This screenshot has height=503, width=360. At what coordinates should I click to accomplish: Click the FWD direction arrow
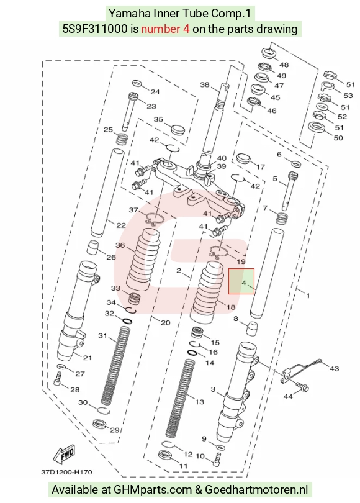65,453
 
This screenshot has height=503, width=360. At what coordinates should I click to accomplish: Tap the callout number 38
205,84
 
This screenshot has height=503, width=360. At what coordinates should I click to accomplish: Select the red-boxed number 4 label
245,283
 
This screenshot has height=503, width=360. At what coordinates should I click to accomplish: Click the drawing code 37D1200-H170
66,472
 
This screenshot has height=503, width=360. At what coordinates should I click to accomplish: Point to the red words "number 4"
165,29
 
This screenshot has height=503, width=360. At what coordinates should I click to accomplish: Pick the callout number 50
338,138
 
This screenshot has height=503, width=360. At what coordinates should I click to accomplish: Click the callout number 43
334,369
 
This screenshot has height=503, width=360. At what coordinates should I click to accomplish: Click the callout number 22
121,225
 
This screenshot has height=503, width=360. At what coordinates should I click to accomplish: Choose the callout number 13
199,402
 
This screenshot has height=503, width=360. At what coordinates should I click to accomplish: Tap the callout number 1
308,296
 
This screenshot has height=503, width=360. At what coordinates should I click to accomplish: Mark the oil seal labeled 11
166,455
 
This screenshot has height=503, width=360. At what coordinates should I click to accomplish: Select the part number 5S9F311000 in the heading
94,29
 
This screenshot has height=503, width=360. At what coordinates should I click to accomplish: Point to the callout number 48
284,65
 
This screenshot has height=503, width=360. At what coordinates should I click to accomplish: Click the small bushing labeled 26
93,248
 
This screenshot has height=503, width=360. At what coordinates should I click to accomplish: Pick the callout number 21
88,358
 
